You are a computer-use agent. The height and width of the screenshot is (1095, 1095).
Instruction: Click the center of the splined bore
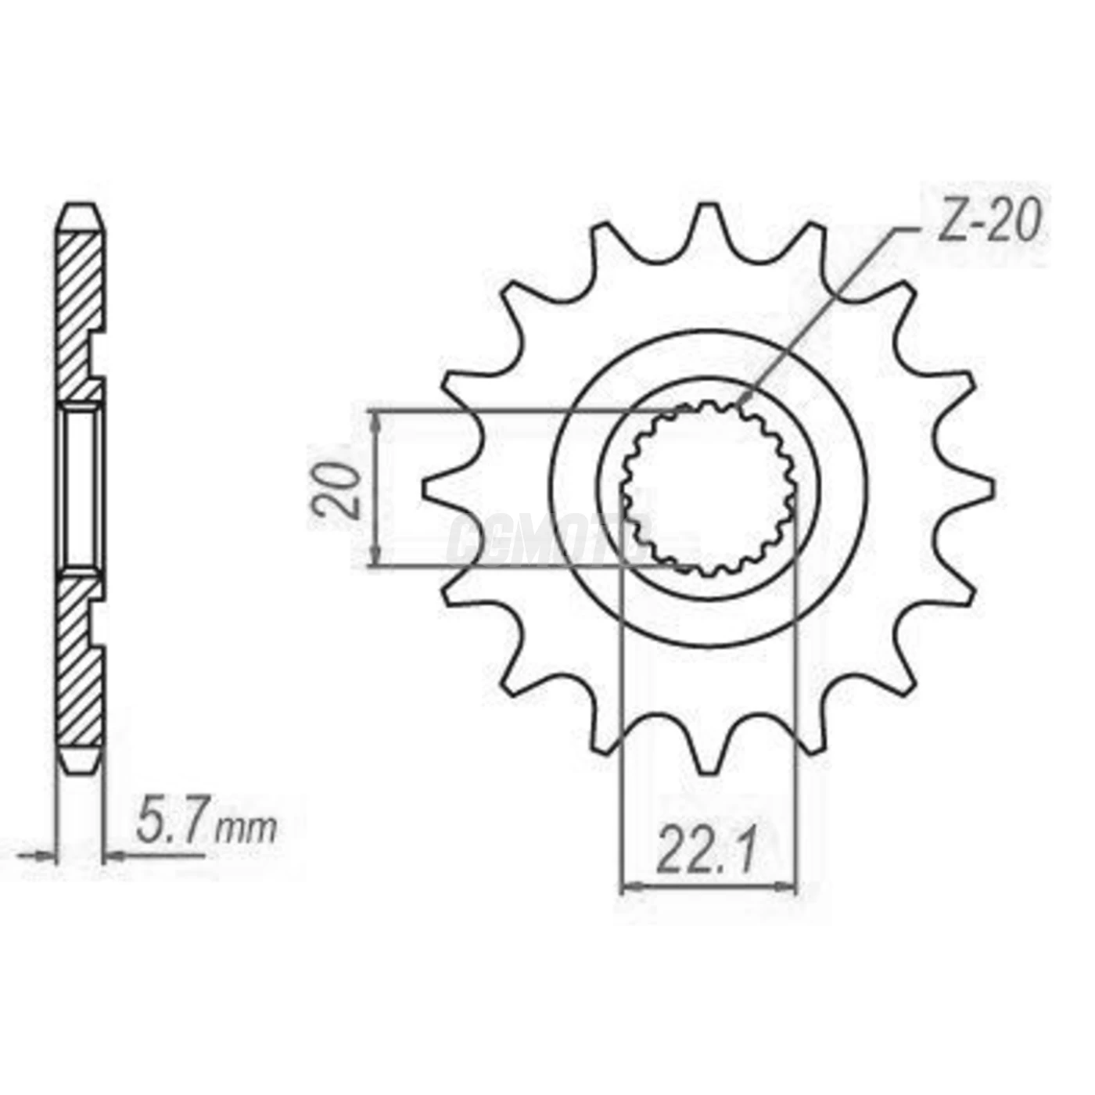[x=709, y=489]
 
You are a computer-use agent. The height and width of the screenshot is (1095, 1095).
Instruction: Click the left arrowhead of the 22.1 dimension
[x=628, y=887]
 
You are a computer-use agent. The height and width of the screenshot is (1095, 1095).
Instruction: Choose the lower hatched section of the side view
[x=80, y=665]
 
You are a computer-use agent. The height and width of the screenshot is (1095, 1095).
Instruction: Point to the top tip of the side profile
[x=81, y=208]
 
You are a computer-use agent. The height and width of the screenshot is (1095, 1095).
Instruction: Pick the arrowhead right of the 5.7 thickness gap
[x=113, y=856]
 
